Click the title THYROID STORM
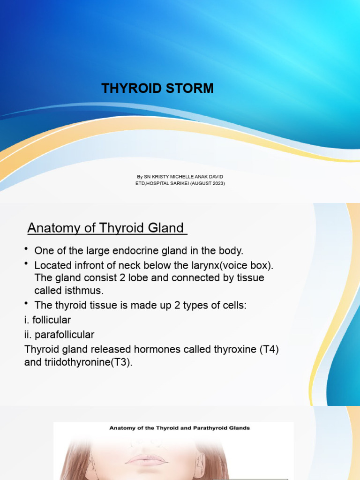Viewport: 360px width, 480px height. (157, 88)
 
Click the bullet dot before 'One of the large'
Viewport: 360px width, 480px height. (27, 248)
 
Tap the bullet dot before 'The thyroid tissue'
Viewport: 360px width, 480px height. (27, 304)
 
